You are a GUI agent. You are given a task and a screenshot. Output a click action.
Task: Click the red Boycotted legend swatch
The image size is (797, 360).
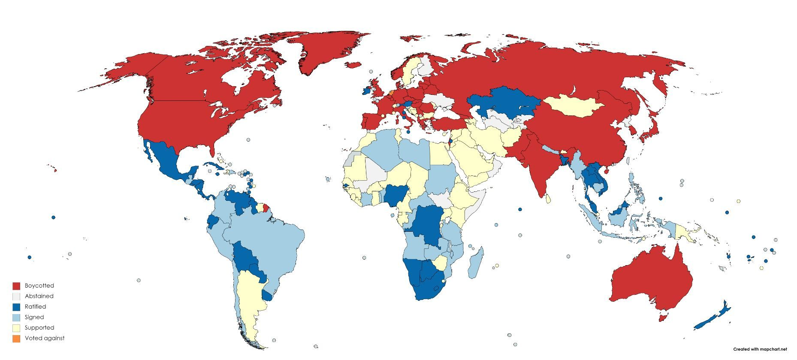(x=16, y=286)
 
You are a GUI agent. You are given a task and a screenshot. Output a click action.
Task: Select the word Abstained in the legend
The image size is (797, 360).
(x=39, y=296)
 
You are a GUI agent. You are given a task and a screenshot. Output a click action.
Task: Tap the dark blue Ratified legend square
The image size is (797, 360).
(x=16, y=307)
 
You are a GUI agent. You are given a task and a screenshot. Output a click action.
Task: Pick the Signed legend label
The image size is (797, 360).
(x=34, y=317)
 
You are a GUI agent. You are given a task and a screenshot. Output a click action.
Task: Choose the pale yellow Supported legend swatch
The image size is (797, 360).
(x=16, y=328)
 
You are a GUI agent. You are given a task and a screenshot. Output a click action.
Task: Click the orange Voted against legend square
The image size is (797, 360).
(x=16, y=339)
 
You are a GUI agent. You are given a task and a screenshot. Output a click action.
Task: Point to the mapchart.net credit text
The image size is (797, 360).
(x=760, y=349)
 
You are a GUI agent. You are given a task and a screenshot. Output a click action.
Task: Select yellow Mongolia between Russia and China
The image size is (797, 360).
(x=573, y=106)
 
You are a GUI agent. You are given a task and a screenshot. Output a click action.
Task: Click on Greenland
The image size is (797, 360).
(x=330, y=51)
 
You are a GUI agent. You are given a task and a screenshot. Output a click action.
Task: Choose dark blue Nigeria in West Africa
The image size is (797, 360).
(x=393, y=196)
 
